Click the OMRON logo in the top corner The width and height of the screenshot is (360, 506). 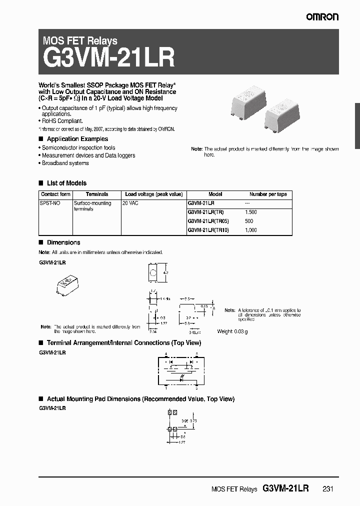(x=322, y=17)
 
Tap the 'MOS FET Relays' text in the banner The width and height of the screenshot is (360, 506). (x=80, y=41)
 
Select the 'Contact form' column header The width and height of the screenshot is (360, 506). (x=55, y=194)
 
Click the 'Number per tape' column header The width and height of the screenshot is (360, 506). (x=268, y=194)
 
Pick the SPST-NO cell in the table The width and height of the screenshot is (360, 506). (x=49, y=203)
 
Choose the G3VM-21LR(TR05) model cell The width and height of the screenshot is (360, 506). (x=207, y=221)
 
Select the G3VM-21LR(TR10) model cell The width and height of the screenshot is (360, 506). (x=207, y=230)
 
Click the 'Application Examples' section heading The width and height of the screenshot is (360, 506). (x=77, y=139)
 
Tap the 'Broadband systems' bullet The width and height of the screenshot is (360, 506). (x=65, y=163)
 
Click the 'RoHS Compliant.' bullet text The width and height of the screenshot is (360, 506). (x=62, y=121)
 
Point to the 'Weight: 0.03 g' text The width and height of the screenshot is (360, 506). (x=232, y=331)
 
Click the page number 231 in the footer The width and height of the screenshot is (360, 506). (x=327, y=489)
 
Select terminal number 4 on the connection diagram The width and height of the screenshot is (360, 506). (x=165, y=353)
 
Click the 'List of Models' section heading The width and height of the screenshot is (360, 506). (x=66, y=183)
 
